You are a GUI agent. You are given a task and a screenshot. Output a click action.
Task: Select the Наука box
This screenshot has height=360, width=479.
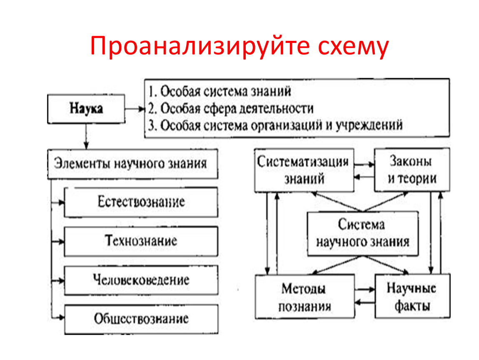(x=86, y=109)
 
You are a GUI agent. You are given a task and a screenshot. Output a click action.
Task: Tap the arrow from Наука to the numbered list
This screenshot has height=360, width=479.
(x=135, y=109)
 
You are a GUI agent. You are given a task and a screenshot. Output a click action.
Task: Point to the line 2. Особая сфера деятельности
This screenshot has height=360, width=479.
(x=231, y=109)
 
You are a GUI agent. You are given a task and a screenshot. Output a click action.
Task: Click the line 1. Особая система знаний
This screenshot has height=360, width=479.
(x=220, y=92)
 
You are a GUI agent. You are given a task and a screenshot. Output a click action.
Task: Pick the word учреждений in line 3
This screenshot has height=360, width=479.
(x=369, y=125)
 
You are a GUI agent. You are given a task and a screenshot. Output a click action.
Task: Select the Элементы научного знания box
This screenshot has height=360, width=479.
(x=132, y=164)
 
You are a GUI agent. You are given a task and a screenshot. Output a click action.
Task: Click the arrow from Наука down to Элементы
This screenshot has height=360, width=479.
(x=86, y=136)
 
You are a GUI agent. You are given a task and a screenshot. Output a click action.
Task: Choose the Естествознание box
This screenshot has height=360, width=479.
(x=141, y=202)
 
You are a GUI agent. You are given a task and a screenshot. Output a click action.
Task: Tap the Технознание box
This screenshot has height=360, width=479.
(x=141, y=241)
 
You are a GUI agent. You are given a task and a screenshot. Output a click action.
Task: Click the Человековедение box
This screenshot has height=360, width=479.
(x=141, y=280)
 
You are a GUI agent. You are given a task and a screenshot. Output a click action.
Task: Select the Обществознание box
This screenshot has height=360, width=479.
(x=141, y=319)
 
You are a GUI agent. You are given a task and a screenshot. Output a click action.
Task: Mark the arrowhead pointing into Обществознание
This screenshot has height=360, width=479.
(x=62, y=318)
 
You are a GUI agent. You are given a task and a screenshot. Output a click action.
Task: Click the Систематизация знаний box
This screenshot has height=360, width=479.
(x=304, y=170)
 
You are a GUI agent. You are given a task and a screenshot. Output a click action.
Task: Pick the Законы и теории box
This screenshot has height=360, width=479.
(x=412, y=170)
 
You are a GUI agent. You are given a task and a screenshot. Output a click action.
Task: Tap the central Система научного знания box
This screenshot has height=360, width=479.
(x=363, y=234)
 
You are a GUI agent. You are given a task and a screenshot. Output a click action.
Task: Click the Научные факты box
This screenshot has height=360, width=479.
(x=412, y=296)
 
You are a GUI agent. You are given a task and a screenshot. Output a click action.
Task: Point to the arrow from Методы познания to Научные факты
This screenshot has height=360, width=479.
(x=365, y=290)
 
